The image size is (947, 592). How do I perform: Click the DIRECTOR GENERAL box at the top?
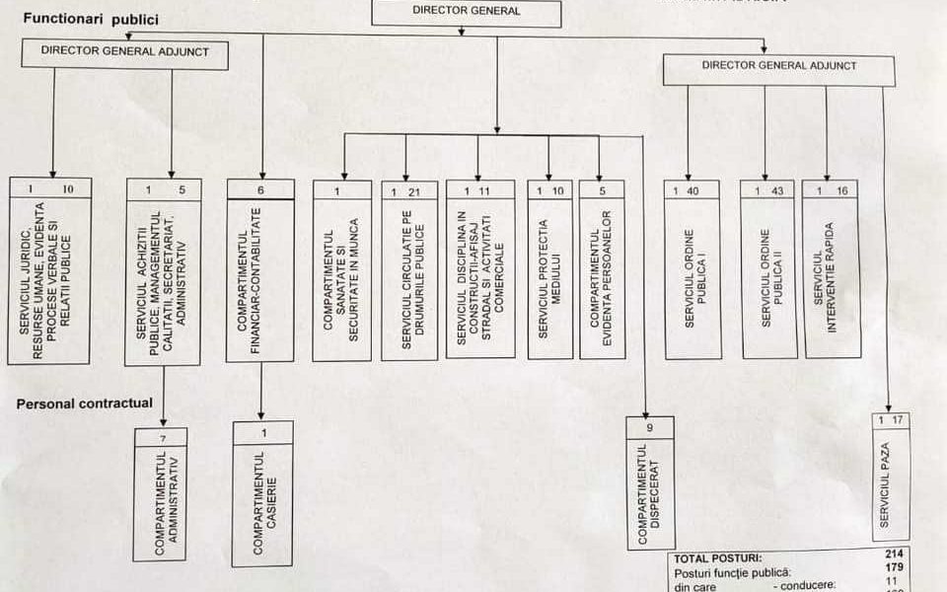point(467,12)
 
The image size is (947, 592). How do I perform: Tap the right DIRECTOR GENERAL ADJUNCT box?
point(779,66)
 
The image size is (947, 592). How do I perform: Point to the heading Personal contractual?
point(84,403)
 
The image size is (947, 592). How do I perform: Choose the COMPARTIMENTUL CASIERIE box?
point(262,498)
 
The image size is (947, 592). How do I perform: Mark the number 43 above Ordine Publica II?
point(777,190)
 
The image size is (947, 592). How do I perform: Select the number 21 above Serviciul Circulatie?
point(414,191)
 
